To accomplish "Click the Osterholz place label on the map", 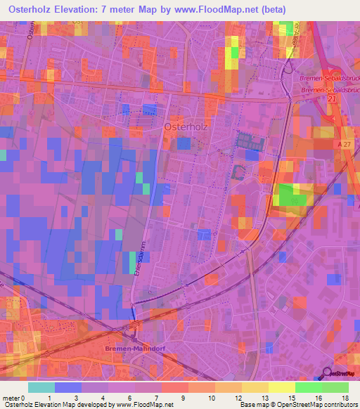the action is (186, 126).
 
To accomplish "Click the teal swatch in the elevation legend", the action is (41, 387).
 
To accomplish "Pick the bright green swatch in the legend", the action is (308, 387).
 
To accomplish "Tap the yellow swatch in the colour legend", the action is (281, 387).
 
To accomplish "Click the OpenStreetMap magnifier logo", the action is (328, 372).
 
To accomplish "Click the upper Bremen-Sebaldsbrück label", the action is (329, 79).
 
